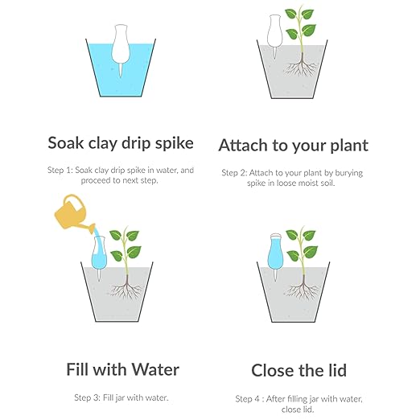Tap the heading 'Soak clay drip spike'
point(120,143)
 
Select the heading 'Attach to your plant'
point(293,145)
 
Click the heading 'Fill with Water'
point(122,370)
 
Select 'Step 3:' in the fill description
point(89,397)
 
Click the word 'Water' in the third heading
point(152,370)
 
